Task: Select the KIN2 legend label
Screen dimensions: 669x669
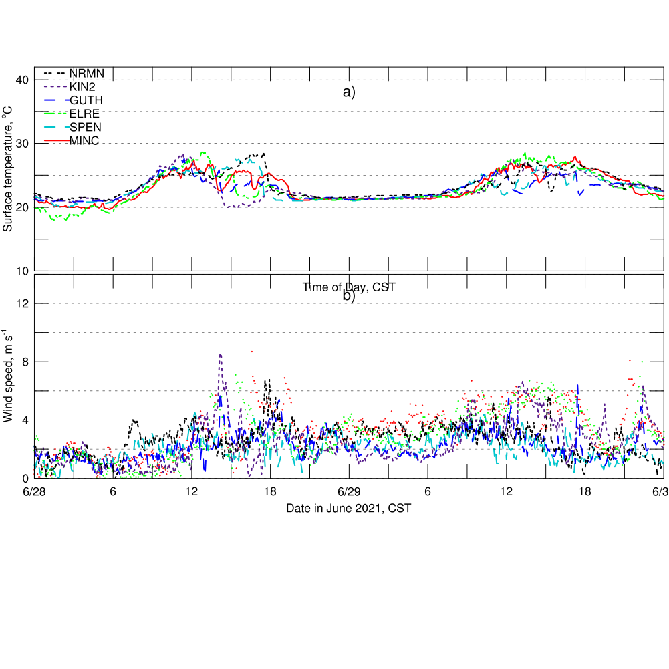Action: click(x=83, y=87)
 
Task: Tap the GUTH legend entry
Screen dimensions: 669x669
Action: click(x=86, y=100)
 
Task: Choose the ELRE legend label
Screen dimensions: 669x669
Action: click(x=84, y=114)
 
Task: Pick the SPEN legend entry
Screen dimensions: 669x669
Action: click(x=85, y=127)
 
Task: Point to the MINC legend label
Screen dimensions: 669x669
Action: click(x=84, y=140)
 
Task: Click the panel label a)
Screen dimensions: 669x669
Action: click(x=349, y=93)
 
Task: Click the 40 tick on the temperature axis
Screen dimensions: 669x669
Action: click(x=21, y=80)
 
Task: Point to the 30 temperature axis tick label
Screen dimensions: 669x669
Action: click(x=21, y=144)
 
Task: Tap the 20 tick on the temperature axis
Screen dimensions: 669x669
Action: click(x=21, y=207)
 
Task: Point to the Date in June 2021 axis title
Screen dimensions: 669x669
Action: click(x=348, y=509)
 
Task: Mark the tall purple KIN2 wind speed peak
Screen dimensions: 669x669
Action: click(x=220, y=356)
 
